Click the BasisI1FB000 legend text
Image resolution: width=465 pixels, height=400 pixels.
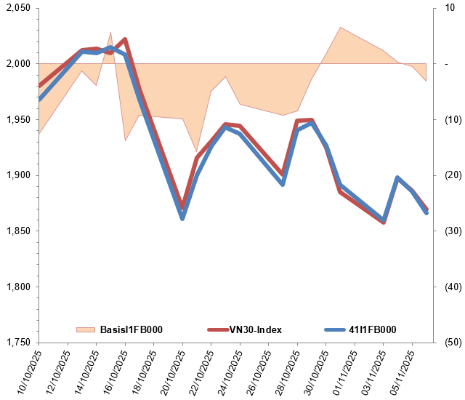pos(130,329)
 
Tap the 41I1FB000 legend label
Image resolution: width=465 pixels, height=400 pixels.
pos(373,329)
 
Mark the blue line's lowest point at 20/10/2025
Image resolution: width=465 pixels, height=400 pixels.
pos(182,218)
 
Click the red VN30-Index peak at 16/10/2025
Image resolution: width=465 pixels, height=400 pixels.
pos(125,39)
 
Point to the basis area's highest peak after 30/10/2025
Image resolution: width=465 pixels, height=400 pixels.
pos(340,28)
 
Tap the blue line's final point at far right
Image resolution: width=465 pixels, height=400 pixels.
pos(426,212)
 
